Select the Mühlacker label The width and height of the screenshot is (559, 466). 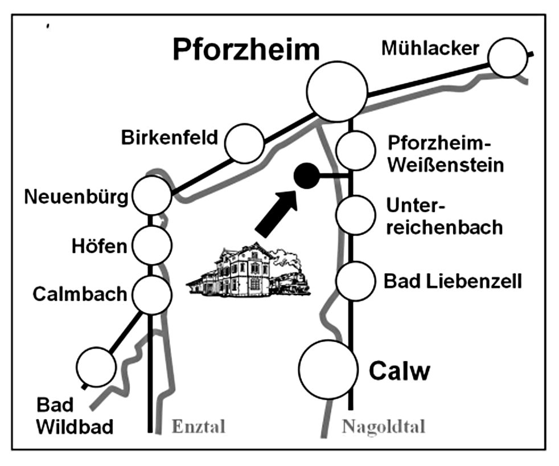coord(431,48)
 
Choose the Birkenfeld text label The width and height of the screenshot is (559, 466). coord(170,138)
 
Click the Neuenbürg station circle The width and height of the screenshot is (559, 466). coord(151,195)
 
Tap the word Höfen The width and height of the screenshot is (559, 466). coord(98,247)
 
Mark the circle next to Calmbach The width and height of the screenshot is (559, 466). coord(151,294)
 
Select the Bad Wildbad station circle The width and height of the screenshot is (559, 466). coord(96,366)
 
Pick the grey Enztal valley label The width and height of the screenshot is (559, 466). coord(199,426)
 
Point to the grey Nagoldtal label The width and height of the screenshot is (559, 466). coord(383,427)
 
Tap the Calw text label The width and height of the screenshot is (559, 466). coord(400,371)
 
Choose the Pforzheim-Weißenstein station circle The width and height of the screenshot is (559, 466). coord(356,149)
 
